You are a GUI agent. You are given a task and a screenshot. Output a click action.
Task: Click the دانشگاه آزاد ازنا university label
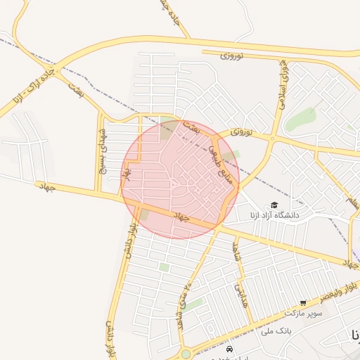coord(274,214)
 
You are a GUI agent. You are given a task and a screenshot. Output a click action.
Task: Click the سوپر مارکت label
coord(304,312)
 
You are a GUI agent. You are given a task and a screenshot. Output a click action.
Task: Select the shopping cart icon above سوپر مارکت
coord(303,303)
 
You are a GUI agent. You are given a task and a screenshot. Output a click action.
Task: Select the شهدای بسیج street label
coord(103,149)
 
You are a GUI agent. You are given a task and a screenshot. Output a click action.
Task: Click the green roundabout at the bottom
coord(185,354)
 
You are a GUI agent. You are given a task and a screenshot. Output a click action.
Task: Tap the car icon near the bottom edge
coord(229,349)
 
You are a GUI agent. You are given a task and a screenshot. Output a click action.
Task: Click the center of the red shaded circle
coord(180,179)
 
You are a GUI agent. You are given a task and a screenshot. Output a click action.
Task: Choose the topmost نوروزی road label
coord(231,54)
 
